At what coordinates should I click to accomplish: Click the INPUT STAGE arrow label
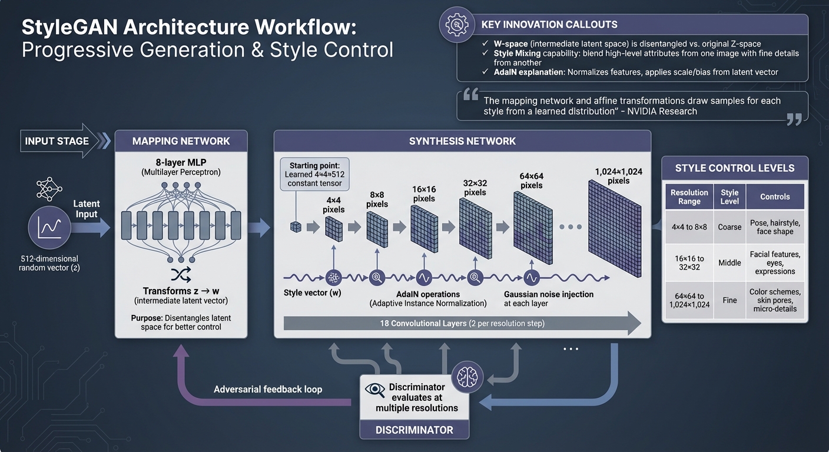tap(57, 141)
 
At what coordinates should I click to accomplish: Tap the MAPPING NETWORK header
tap(181, 141)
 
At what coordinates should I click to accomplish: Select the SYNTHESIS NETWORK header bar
tap(462, 141)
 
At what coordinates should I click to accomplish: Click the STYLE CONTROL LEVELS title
tap(734, 168)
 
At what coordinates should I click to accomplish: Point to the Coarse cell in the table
tap(729, 227)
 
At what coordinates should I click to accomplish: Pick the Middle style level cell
tap(729, 263)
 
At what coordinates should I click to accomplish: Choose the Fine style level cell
tap(729, 300)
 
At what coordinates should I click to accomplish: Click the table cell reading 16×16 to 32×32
tap(689, 263)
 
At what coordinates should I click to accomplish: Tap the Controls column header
tap(775, 197)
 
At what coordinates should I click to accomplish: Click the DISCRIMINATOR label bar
tap(414, 430)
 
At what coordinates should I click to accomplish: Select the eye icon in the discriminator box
tap(375, 389)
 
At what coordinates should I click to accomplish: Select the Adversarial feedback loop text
tap(268, 389)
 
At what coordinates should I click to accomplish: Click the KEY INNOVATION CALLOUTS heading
tap(549, 25)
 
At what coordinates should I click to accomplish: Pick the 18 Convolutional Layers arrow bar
tap(462, 324)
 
